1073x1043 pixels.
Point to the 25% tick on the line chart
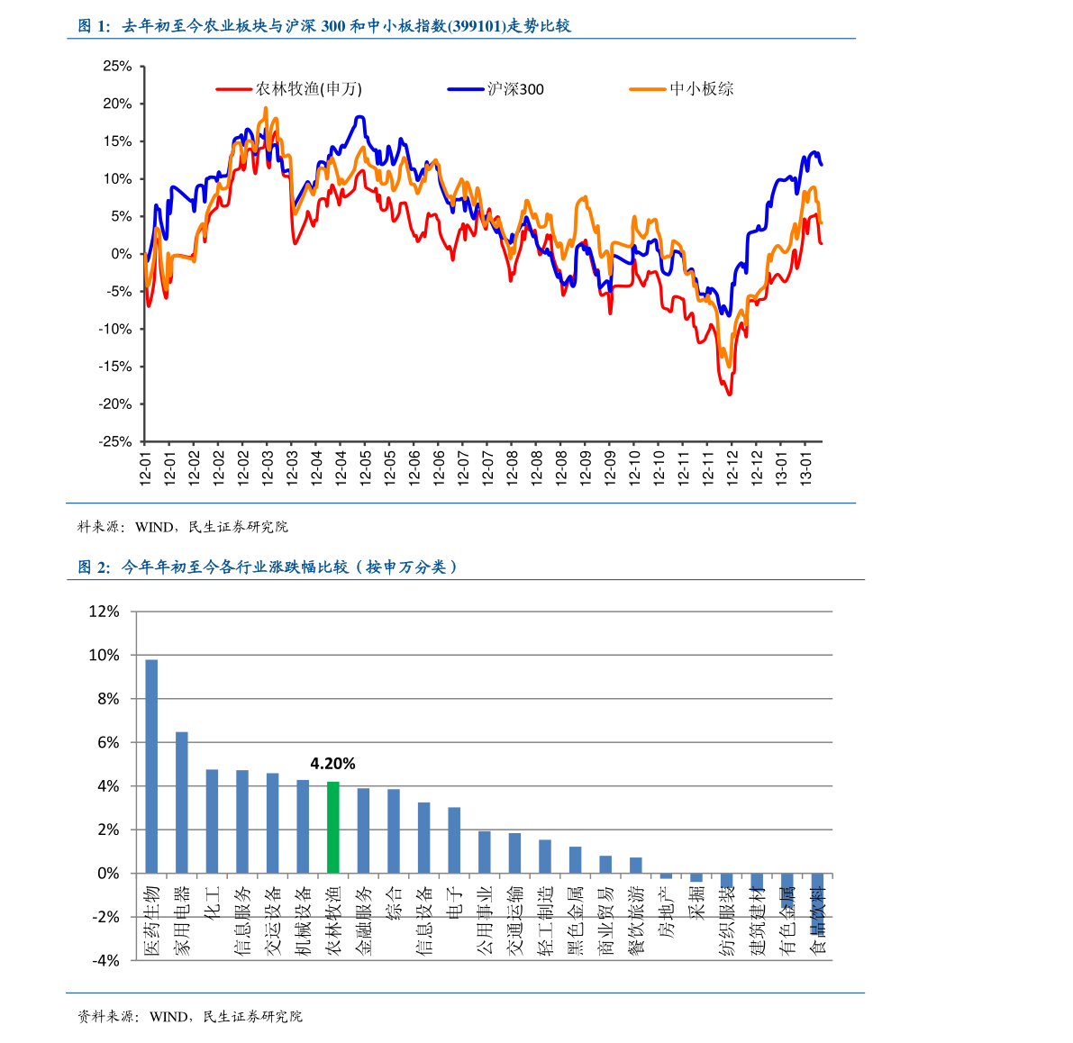(117, 67)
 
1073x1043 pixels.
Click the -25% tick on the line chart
(115, 442)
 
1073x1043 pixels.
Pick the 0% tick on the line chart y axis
(122, 254)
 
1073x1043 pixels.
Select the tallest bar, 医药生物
(151, 766)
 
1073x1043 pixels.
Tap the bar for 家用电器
(182, 803)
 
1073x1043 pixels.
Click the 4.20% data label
(332, 764)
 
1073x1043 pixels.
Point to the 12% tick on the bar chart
(104, 612)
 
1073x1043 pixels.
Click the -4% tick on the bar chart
(105, 961)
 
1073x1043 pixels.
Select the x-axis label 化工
(213, 903)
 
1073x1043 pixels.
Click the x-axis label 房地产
(667, 912)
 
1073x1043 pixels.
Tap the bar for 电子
(454, 840)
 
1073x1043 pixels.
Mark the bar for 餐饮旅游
(636, 866)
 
